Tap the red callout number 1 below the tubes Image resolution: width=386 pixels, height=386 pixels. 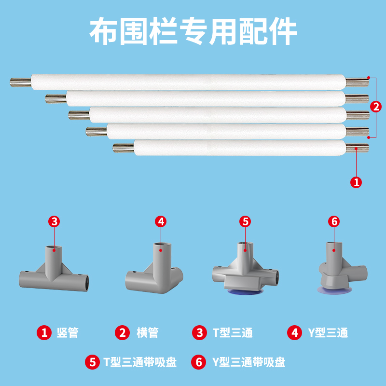[356, 182]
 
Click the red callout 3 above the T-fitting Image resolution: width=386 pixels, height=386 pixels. [55, 221]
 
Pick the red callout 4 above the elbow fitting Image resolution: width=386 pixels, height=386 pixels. [161, 221]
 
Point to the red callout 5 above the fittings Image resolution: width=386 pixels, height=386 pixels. [245, 221]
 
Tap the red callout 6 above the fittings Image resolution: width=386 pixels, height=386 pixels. [333, 221]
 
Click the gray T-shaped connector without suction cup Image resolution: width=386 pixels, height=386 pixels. [54, 270]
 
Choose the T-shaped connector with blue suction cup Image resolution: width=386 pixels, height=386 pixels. [245, 270]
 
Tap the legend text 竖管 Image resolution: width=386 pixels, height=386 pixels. [67, 332]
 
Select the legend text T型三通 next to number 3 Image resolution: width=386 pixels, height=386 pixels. [233, 332]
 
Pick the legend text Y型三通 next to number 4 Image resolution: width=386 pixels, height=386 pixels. [328, 332]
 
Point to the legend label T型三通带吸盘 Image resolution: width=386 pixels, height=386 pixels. [140, 362]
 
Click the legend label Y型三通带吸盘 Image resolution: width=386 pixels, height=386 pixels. [248, 362]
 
